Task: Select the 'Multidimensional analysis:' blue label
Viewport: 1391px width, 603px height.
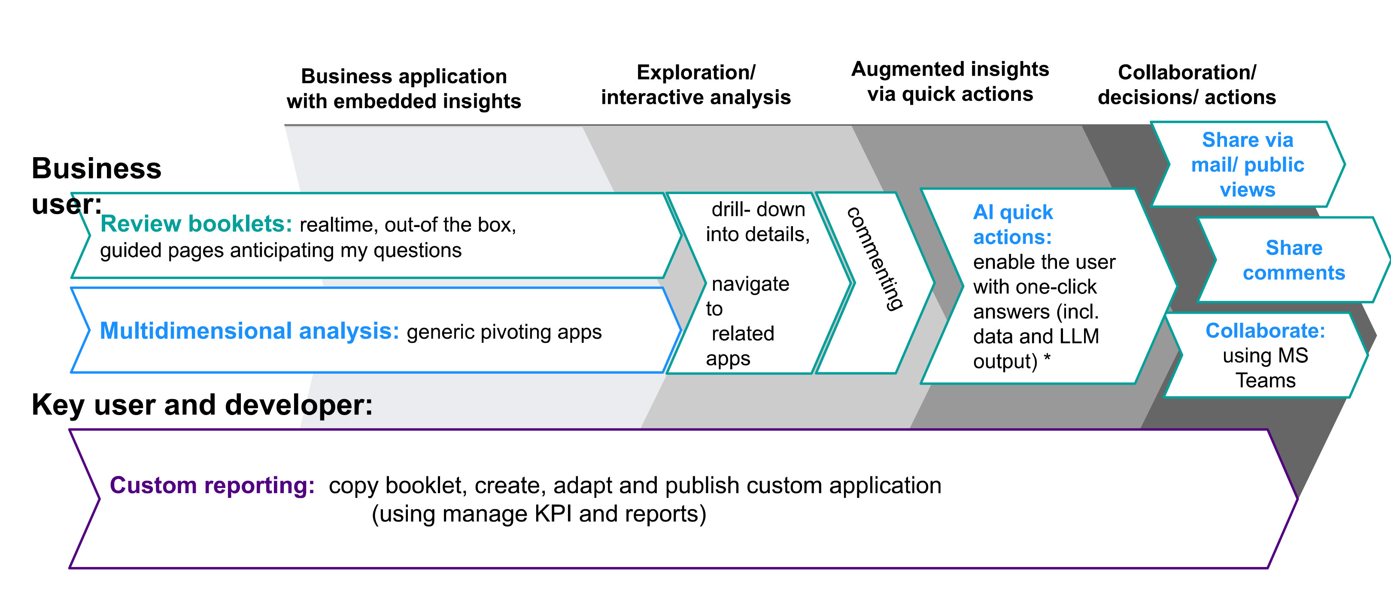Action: pos(249,331)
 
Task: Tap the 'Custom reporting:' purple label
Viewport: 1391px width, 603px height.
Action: pos(212,485)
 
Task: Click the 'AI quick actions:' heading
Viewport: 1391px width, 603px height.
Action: pos(1012,224)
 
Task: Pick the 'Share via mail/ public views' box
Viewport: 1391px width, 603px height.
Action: pos(1247,165)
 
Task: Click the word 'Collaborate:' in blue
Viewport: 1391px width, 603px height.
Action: pos(1265,330)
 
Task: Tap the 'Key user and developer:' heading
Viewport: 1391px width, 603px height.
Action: pos(202,404)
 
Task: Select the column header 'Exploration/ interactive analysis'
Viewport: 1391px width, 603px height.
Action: pos(695,85)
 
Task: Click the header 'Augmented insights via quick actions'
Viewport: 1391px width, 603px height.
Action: pos(950,82)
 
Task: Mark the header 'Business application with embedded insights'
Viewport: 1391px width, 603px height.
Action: pos(404,88)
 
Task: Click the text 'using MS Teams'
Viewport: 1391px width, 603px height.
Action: pos(1265,368)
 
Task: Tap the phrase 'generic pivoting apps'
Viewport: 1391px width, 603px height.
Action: pos(504,332)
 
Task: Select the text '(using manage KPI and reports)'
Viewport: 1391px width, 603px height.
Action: pos(538,514)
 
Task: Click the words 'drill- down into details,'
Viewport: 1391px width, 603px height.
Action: pos(757,222)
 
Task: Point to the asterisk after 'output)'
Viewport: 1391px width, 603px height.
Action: pos(1047,358)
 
